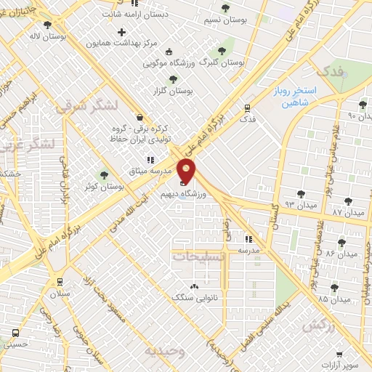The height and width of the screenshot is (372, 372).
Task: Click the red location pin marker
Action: click(x=187, y=171)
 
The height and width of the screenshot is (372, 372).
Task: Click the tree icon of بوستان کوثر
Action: click(x=104, y=175)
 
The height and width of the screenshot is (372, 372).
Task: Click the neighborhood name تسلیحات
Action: click(x=199, y=256)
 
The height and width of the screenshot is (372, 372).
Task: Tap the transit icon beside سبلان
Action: click(x=60, y=282)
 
